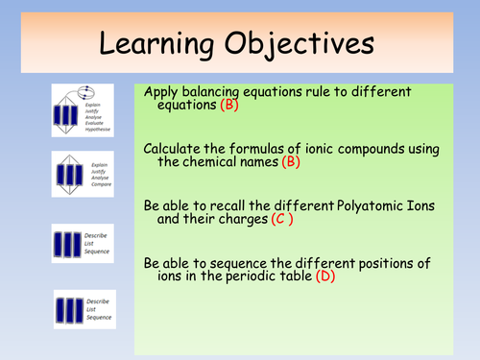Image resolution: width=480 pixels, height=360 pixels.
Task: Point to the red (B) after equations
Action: pyautogui.click(x=227, y=107)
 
